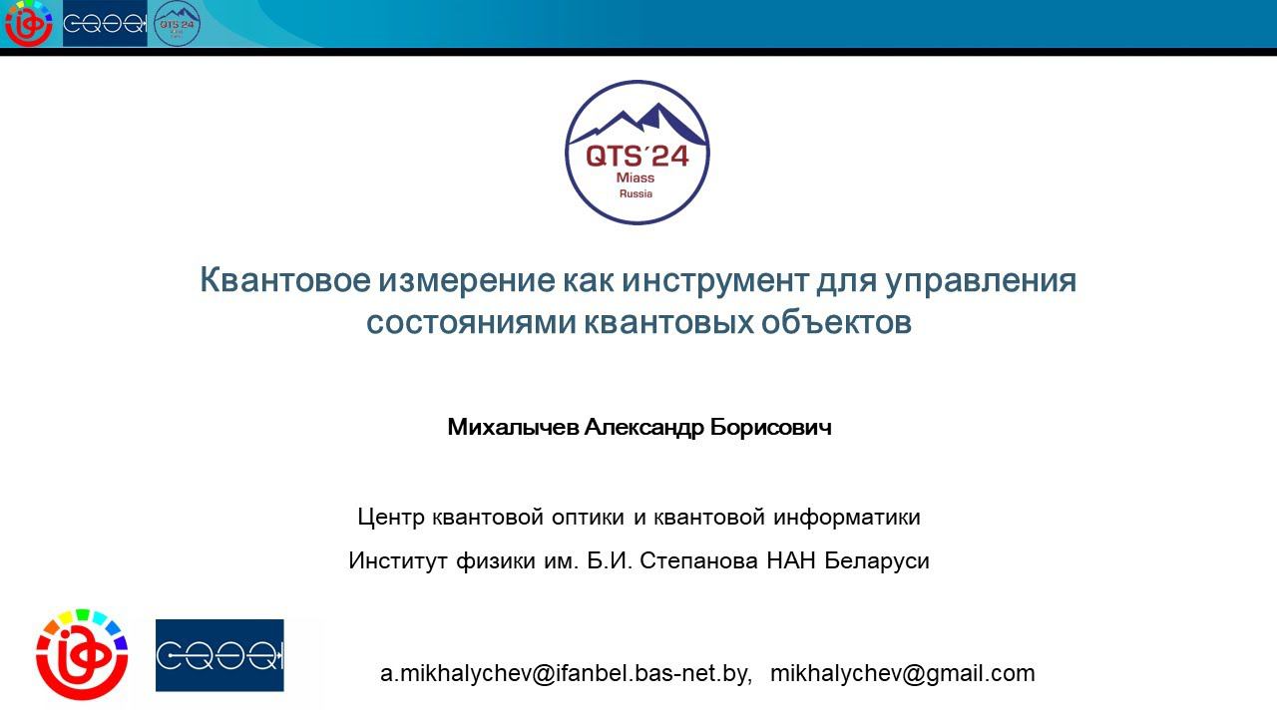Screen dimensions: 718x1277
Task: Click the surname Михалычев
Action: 512,428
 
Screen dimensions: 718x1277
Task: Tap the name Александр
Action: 643,428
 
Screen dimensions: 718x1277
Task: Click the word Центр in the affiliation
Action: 392,518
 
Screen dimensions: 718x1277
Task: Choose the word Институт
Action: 399,561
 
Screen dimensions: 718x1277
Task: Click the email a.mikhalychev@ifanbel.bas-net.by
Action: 566,674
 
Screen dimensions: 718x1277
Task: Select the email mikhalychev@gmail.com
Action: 902,674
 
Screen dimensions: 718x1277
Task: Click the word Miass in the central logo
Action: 637,178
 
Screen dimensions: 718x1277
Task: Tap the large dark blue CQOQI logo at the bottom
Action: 219,655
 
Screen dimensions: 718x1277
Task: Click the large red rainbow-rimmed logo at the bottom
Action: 82,654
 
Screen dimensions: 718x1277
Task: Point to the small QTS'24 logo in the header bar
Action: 177,23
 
